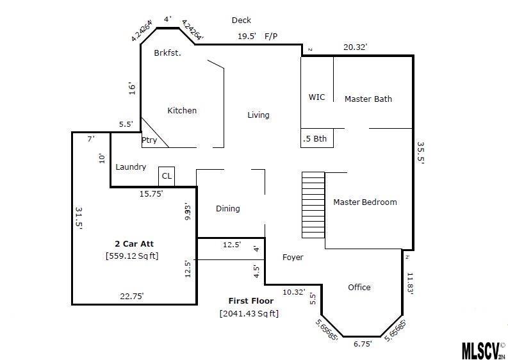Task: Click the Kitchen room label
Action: point(182,111)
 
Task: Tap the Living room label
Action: point(259,115)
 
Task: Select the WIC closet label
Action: point(316,97)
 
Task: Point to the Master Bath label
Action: point(368,99)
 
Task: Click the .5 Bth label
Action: point(315,138)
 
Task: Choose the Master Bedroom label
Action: point(365,202)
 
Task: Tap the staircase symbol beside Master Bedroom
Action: point(314,206)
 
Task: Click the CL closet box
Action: point(167,176)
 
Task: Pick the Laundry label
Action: point(131,167)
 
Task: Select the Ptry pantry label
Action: point(149,140)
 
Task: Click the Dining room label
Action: point(227,209)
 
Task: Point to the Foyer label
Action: point(293,258)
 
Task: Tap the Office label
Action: point(359,288)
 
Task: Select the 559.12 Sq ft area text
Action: point(131,256)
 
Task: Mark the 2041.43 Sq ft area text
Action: point(249,313)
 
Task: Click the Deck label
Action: point(242,20)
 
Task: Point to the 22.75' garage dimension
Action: point(132,296)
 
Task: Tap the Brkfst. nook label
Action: point(168,53)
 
